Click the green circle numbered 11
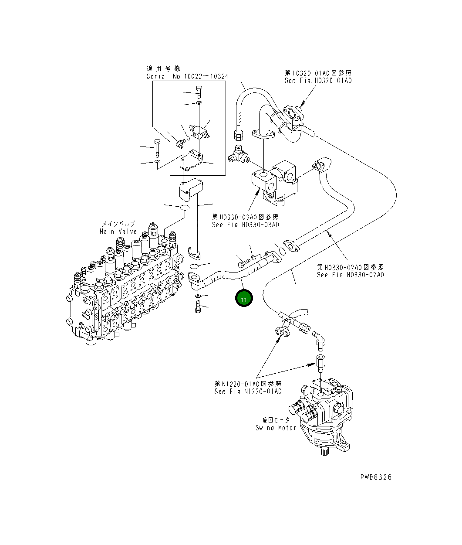(x=244, y=299)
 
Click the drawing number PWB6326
(x=375, y=477)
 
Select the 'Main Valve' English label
(x=118, y=232)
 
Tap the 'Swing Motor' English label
(x=276, y=428)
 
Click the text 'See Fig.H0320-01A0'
(x=318, y=81)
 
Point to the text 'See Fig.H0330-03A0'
(x=245, y=225)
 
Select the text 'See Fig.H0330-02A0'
(x=350, y=275)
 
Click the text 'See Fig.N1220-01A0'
(x=248, y=391)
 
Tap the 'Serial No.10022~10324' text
(x=187, y=76)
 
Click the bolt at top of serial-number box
(x=199, y=92)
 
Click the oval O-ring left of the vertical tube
(x=184, y=208)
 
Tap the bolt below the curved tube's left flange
(x=198, y=308)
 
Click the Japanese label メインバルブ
(x=118, y=224)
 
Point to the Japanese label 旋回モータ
(x=276, y=420)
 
